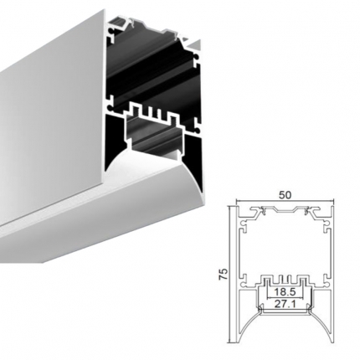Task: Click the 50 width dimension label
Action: click(x=285, y=195)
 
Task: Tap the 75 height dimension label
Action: click(x=224, y=274)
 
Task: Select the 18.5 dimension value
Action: click(x=285, y=292)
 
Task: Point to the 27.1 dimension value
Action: click(x=285, y=304)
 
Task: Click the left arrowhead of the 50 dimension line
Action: click(x=239, y=201)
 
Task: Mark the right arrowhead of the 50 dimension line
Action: click(x=331, y=201)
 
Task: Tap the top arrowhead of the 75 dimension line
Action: click(x=229, y=208)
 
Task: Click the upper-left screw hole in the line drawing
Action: click(x=244, y=224)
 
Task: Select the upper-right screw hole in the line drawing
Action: click(x=325, y=224)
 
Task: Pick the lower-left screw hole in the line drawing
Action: click(x=244, y=285)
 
